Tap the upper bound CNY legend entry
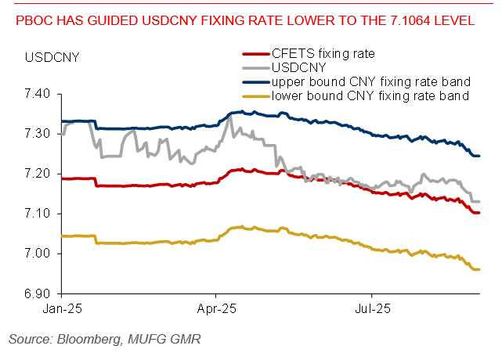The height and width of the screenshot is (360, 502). coord(370,81)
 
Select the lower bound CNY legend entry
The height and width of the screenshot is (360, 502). coord(370,95)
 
